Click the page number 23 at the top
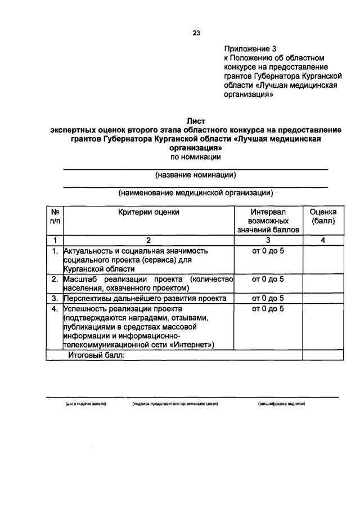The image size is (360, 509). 196,32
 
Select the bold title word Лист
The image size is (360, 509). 196,120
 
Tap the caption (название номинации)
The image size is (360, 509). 195,175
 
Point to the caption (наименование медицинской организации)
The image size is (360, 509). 195,193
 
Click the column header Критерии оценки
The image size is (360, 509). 149,212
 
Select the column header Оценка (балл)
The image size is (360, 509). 323,217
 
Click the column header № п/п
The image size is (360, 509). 55,217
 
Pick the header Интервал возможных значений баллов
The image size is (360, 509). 268,221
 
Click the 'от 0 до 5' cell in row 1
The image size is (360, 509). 268,251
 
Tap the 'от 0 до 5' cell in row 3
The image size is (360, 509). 268,298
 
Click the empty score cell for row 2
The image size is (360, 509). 323,283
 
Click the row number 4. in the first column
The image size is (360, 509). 55,309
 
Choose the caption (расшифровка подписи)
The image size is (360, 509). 281,404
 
